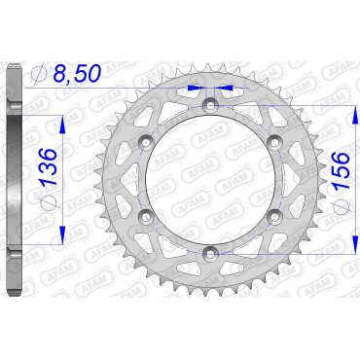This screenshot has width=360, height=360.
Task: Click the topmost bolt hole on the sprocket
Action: pyautogui.click(x=210, y=106)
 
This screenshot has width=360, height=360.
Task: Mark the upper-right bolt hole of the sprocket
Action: pyautogui.click(x=273, y=142)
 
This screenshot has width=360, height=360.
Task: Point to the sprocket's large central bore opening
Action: pyautogui.click(x=210, y=180)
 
